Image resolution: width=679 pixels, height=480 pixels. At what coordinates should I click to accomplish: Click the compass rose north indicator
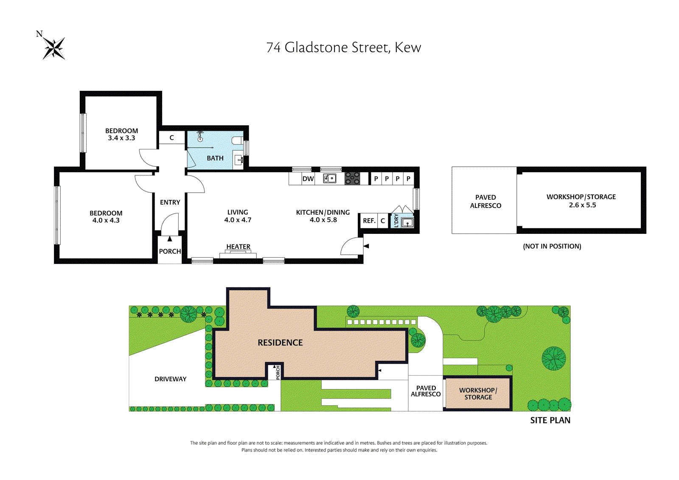(53, 48)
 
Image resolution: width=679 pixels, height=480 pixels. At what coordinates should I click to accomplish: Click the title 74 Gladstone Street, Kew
(343, 47)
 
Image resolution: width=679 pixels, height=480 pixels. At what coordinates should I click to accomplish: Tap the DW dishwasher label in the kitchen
(308, 179)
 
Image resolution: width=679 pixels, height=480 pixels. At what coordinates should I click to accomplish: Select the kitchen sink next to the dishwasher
(329, 178)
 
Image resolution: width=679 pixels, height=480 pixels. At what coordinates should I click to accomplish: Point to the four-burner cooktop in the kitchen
(352, 178)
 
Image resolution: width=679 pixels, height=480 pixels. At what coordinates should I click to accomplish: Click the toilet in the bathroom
(237, 141)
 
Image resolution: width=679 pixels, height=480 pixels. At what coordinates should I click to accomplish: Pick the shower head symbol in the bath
(200, 137)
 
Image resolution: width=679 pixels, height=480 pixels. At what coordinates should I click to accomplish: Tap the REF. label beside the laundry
(369, 221)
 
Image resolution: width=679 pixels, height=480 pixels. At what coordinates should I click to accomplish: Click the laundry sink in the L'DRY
(407, 223)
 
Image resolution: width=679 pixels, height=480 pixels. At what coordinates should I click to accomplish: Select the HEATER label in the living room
(238, 247)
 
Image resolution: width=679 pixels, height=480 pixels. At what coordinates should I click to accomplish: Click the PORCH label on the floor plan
(170, 251)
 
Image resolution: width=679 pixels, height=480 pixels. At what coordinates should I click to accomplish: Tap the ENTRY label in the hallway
(170, 202)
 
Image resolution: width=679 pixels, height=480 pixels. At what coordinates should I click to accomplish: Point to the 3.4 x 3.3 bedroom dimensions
(121, 138)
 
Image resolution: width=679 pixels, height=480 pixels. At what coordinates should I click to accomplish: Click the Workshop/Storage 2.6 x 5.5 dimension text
(582, 205)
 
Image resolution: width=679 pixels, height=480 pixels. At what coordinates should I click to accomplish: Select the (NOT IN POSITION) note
(552, 246)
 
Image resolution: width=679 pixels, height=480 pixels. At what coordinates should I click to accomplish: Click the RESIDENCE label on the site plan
(280, 342)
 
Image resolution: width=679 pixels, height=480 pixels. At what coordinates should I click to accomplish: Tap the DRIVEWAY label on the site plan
(170, 379)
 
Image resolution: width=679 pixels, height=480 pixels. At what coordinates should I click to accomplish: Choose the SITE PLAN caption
(550, 420)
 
